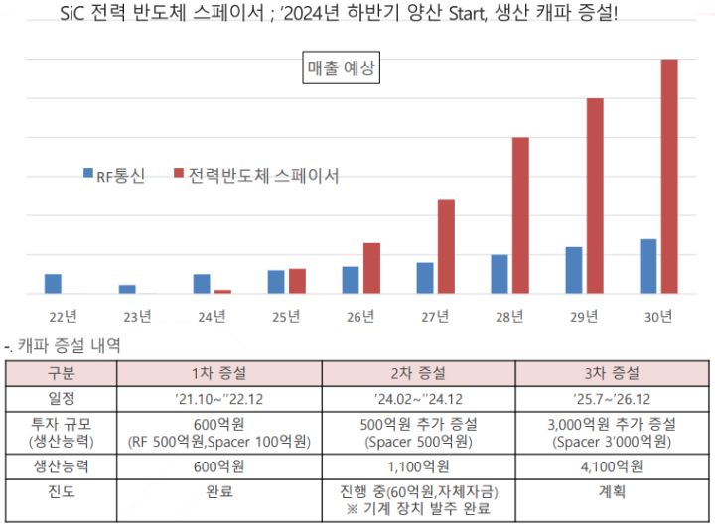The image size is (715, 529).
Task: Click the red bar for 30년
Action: tap(669, 177)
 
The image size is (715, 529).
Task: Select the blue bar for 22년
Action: tap(53, 284)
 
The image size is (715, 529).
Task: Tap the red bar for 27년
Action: tap(446, 247)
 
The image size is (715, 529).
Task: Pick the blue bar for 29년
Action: tap(574, 270)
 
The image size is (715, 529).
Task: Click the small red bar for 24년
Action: tap(222, 292)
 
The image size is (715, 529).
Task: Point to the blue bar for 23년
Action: tap(127, 289)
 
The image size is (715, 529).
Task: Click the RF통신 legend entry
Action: tap(115, 176)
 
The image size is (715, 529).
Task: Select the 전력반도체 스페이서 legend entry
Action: tap(256, 176)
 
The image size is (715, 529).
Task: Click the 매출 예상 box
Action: tap(342, 69)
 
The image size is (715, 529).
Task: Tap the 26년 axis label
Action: tap(360, 317)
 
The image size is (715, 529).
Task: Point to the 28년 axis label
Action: tap(509, 317)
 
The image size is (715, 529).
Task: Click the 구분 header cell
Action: tap(61, 374)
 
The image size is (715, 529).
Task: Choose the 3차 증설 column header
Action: tap(612, 374)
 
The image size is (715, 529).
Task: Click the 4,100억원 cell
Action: tap(612, 465)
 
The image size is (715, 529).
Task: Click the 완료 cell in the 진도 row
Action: tap(218, 490)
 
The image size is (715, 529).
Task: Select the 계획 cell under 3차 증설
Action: tap(612, 490)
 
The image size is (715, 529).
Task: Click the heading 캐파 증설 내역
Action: tap(70, 346)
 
